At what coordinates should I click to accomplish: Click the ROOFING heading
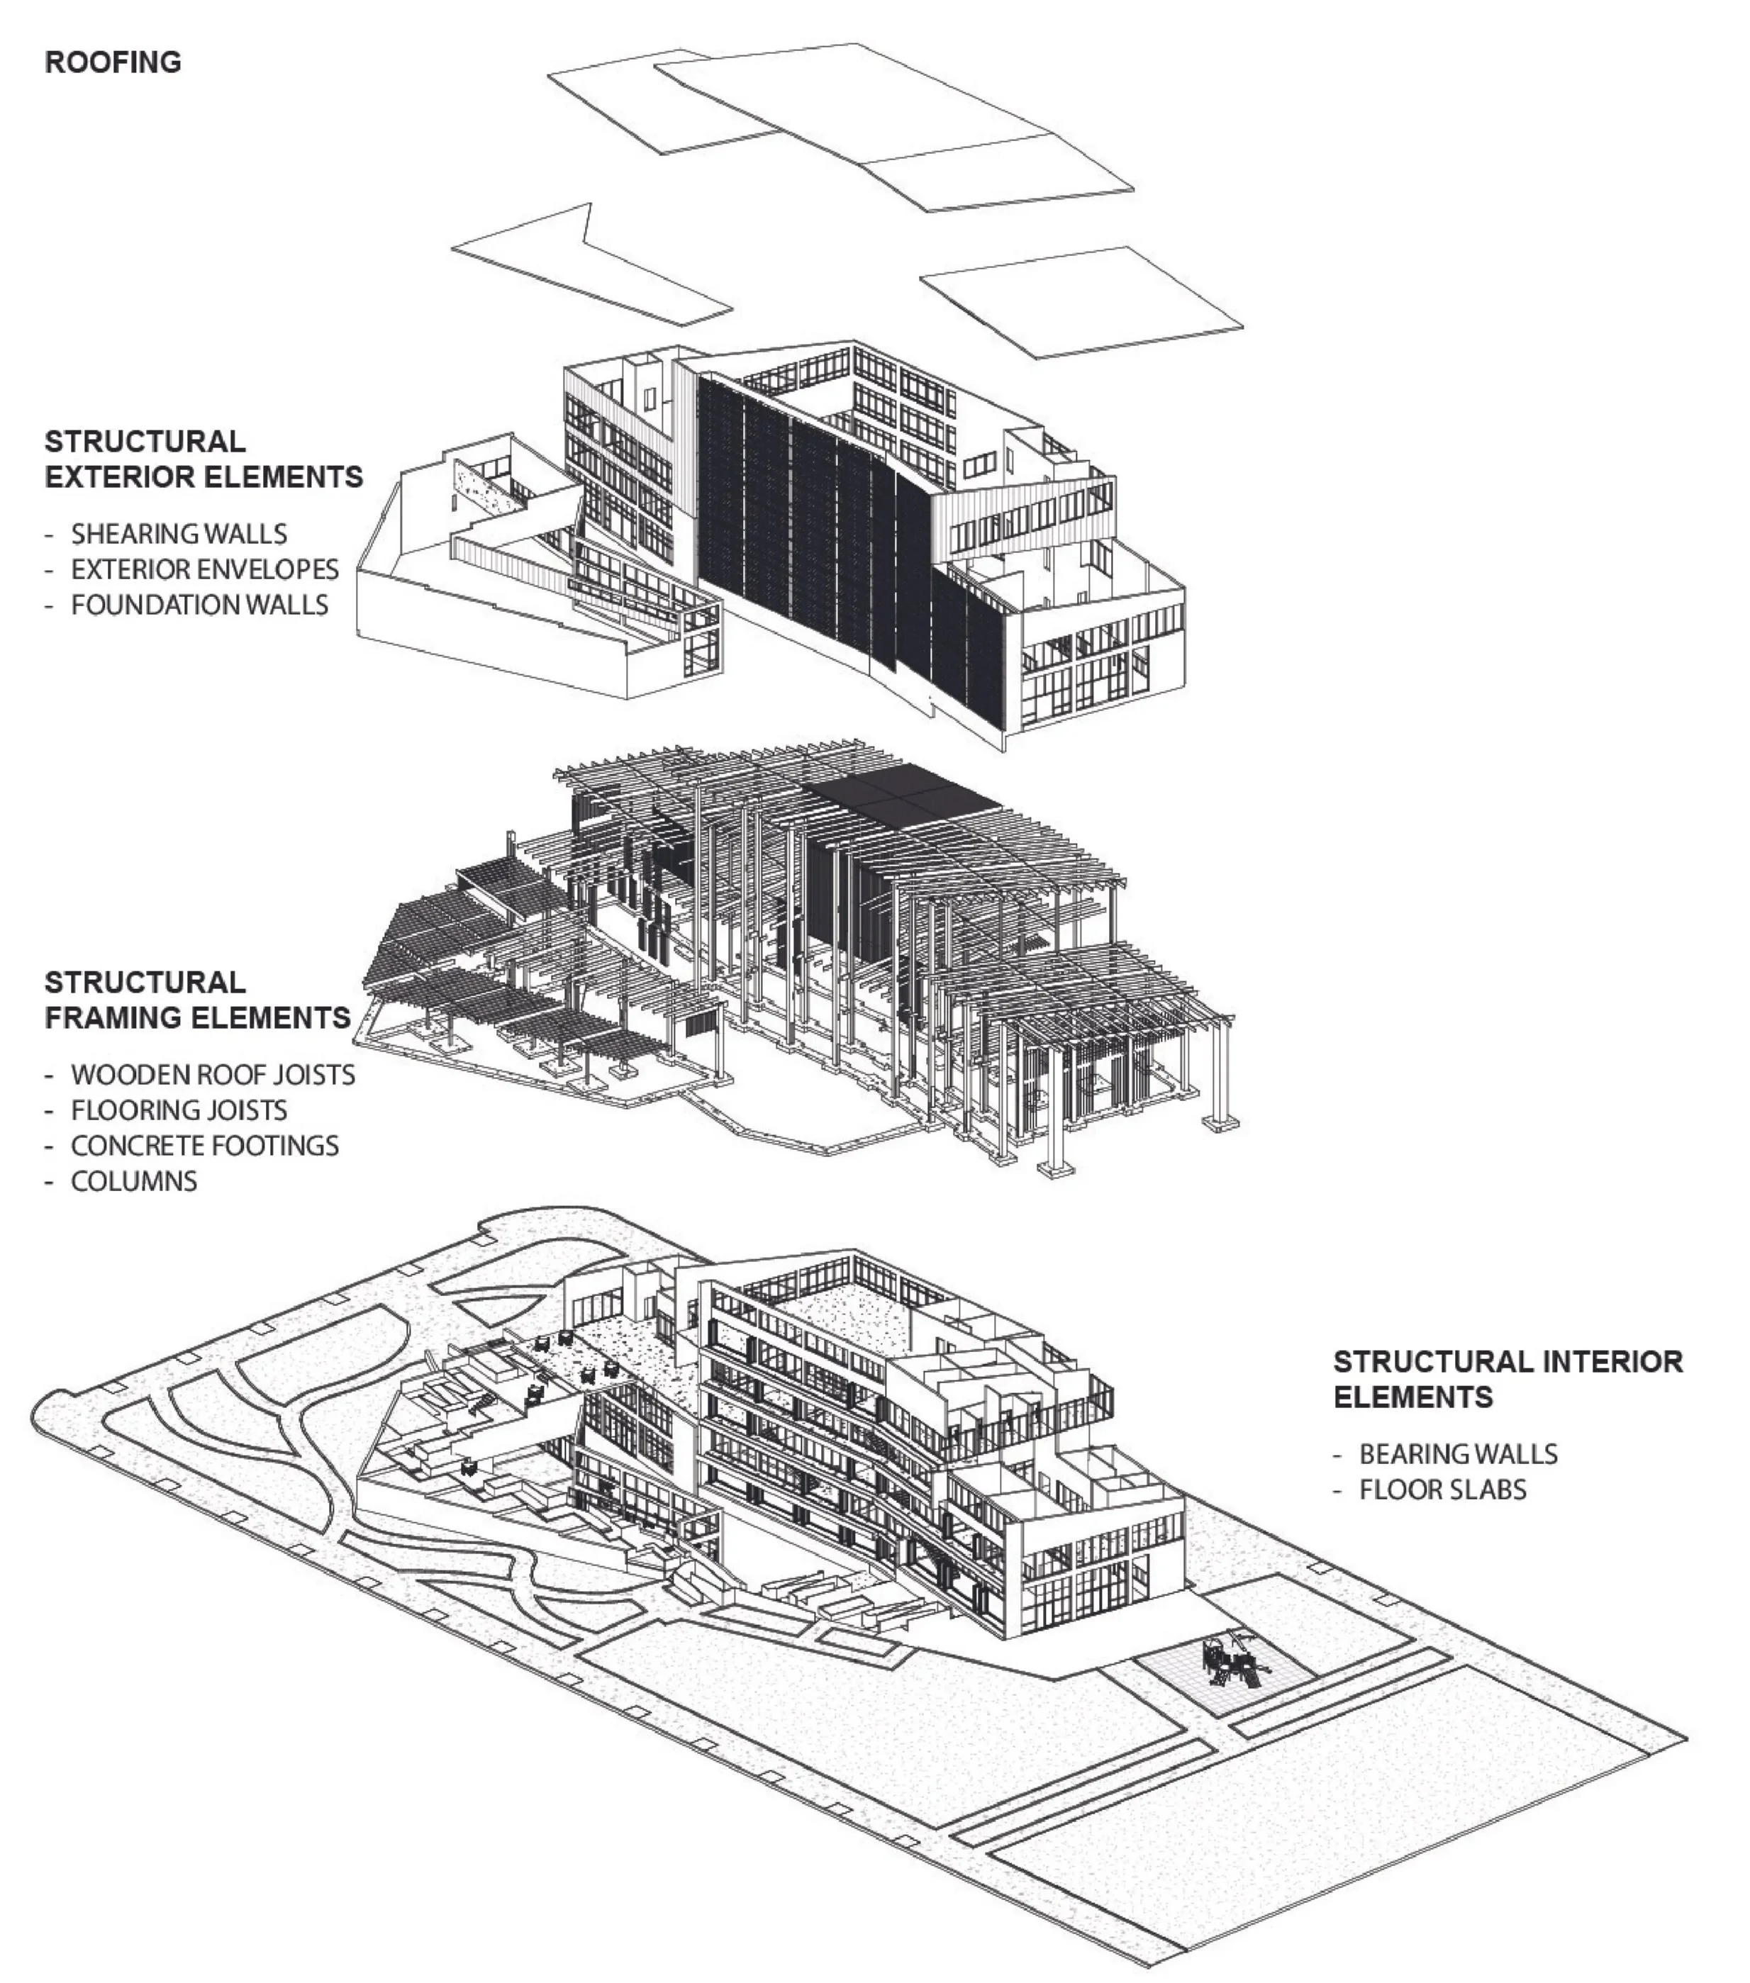(x=113, y=62)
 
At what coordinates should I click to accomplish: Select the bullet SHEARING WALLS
(x=179, y=534)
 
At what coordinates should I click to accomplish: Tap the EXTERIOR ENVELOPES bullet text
(x=205, y=569)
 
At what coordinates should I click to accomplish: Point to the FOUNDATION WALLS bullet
(x=199, y=605)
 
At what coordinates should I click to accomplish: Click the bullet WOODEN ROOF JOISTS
(x=213, y=1075)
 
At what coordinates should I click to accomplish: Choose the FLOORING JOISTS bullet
(x=179, y=1110)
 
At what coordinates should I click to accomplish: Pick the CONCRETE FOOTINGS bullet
(x=205, y=1146)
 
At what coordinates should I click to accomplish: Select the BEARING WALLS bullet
(x=1458, y=1454)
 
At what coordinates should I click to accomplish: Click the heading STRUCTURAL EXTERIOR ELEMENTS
(x=204, y=459)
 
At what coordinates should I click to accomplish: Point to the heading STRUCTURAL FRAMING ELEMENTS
(x=197, y=999)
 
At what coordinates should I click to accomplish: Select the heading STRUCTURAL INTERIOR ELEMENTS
(x=1507, y=1378)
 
